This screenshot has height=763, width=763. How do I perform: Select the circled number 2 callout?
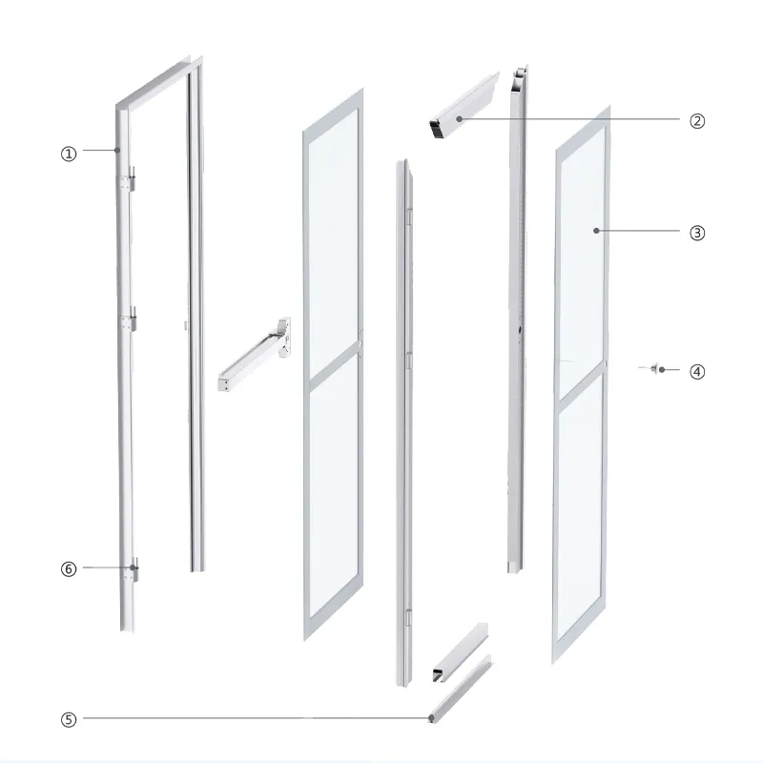click(697, 120)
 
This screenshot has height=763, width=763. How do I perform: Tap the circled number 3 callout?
click(697, 232)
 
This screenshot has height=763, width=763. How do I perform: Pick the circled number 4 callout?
click(697, 370)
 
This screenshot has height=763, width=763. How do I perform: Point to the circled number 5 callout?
click(68, 720)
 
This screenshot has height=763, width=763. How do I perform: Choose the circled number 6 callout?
click(68, 568)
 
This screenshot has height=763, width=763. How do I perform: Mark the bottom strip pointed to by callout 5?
click(462, 690)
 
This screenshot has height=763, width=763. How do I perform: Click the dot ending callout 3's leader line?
click(595, 231)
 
